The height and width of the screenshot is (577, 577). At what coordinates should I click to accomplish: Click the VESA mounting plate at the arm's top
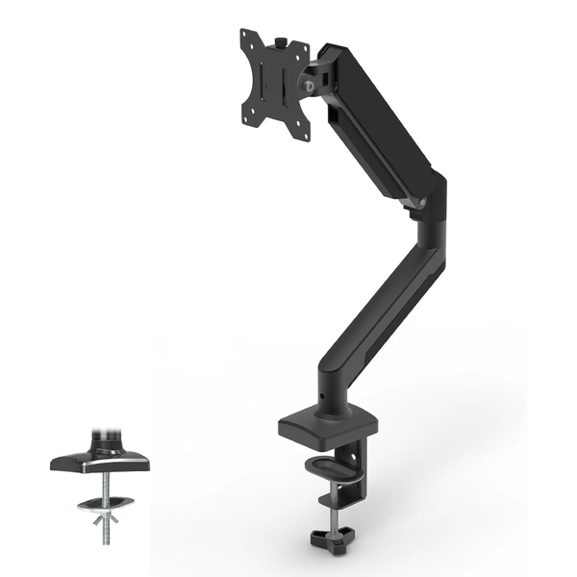[274, 85]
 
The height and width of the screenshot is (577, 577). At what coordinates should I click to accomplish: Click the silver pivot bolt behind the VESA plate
[310, 85]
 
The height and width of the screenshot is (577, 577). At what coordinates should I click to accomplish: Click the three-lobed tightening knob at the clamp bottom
[331, 533]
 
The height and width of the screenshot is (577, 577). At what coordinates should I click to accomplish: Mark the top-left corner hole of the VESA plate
[246, 38]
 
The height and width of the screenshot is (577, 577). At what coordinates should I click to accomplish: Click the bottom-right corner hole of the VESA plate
[303, 135]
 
